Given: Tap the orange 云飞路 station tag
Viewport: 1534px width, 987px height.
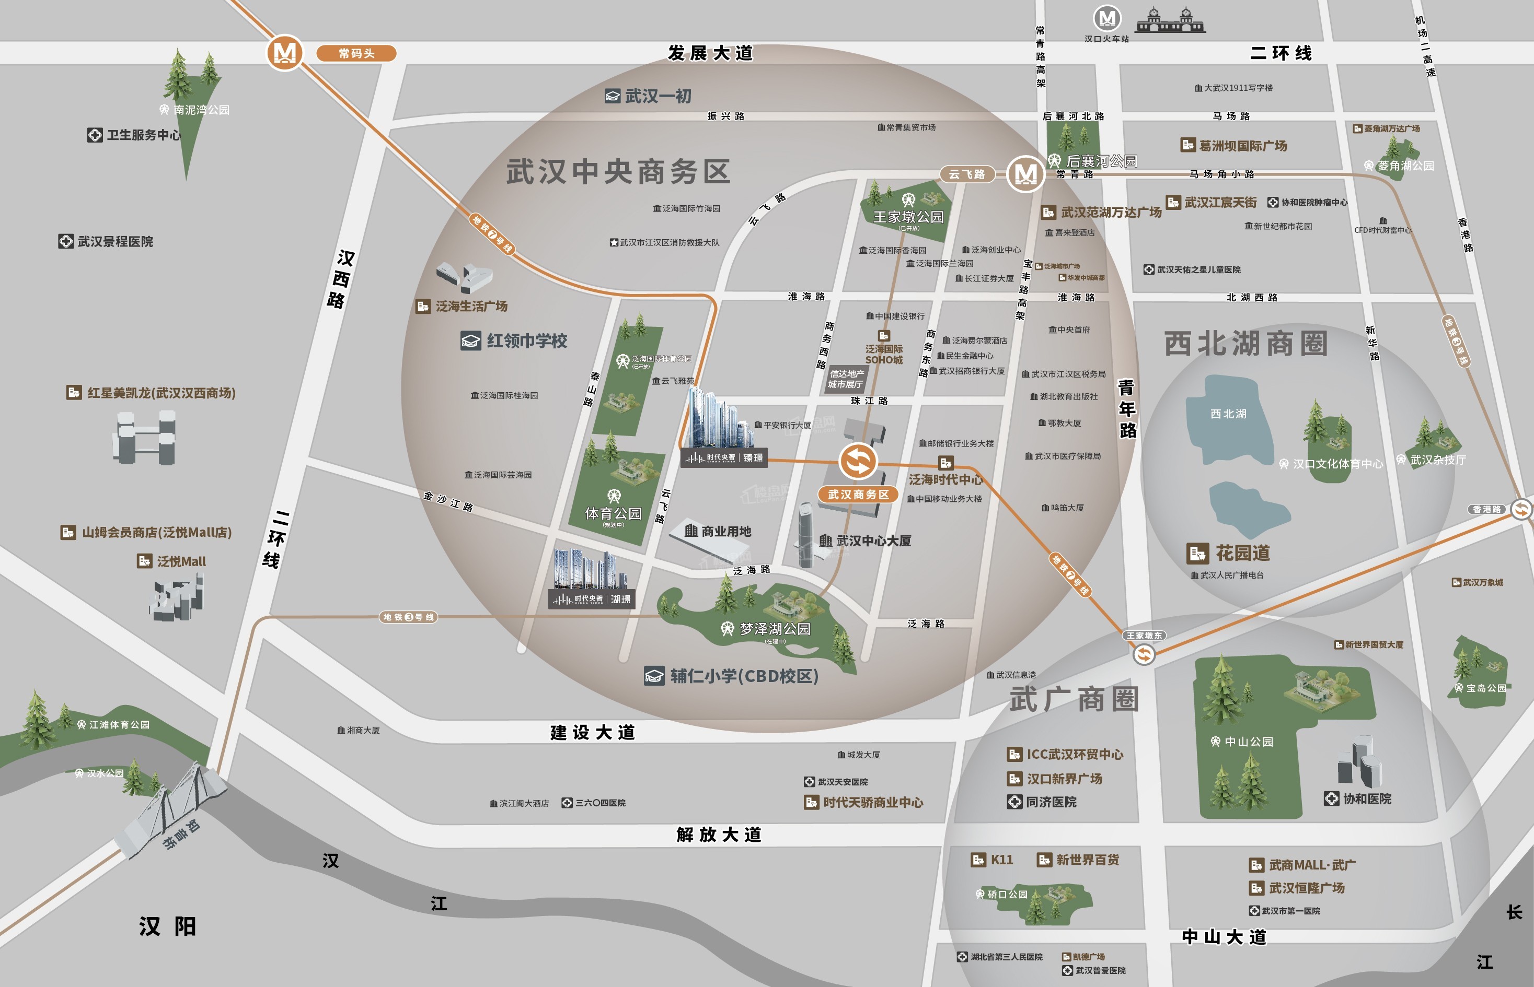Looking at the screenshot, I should tap(966, 174).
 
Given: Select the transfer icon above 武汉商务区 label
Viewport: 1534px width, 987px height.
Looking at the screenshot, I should tap(858, 461).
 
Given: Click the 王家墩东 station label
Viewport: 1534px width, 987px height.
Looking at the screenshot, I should tap(1144, 635).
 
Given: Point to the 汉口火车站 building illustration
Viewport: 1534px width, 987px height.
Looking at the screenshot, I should tap(1170, 20).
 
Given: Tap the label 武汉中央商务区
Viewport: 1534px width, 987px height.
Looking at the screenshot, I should tap(618, 172).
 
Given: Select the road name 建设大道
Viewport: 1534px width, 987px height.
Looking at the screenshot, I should tap(593, 732).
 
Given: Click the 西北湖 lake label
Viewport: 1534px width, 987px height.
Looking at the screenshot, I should tap(1228, 414).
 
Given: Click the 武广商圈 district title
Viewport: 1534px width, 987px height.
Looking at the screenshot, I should tap(1074, 699).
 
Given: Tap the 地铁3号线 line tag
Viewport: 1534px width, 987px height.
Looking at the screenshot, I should tap(408, 617).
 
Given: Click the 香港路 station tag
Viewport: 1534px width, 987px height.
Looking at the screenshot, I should tap(1486, 510).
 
